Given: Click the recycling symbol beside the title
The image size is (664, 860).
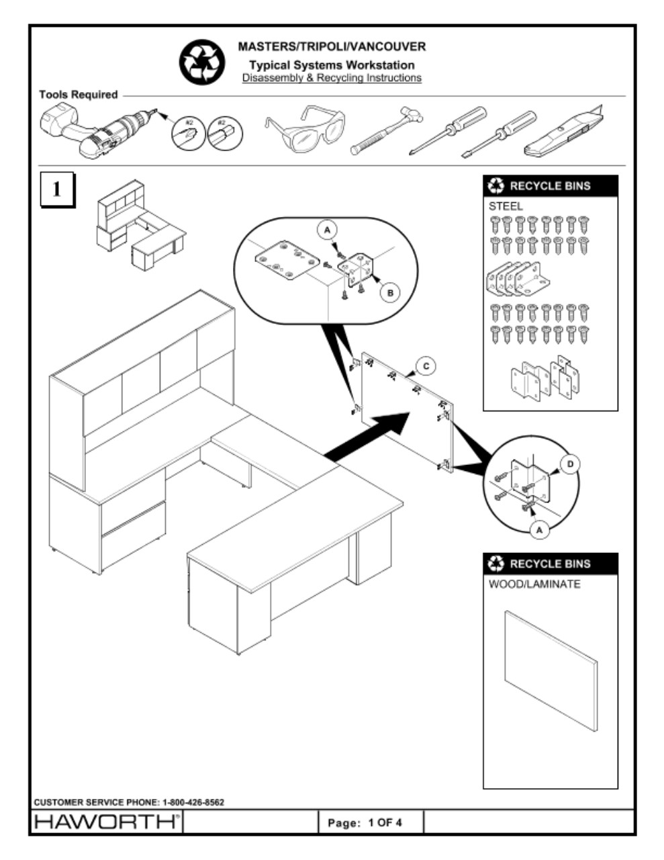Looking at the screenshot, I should [199, 62].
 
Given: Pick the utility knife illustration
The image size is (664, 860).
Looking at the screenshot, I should [565, 132].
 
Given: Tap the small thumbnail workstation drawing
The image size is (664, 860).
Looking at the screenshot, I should [140, 226].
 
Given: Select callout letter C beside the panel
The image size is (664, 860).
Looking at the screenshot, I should [426, 366].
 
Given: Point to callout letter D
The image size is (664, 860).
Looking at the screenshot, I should [570, 464].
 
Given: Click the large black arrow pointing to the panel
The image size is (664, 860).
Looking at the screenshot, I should [369, 437].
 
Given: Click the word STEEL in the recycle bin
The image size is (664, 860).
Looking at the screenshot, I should [505, 206].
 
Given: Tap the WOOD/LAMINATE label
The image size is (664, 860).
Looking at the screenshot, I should [534, 584].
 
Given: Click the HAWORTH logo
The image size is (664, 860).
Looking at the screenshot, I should [106, 822].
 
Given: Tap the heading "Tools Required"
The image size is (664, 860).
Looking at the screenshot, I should [78, 95].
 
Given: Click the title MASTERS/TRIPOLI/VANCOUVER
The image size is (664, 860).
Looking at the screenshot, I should [332, 47].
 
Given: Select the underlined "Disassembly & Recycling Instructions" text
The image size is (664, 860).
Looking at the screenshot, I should [332, 78].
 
